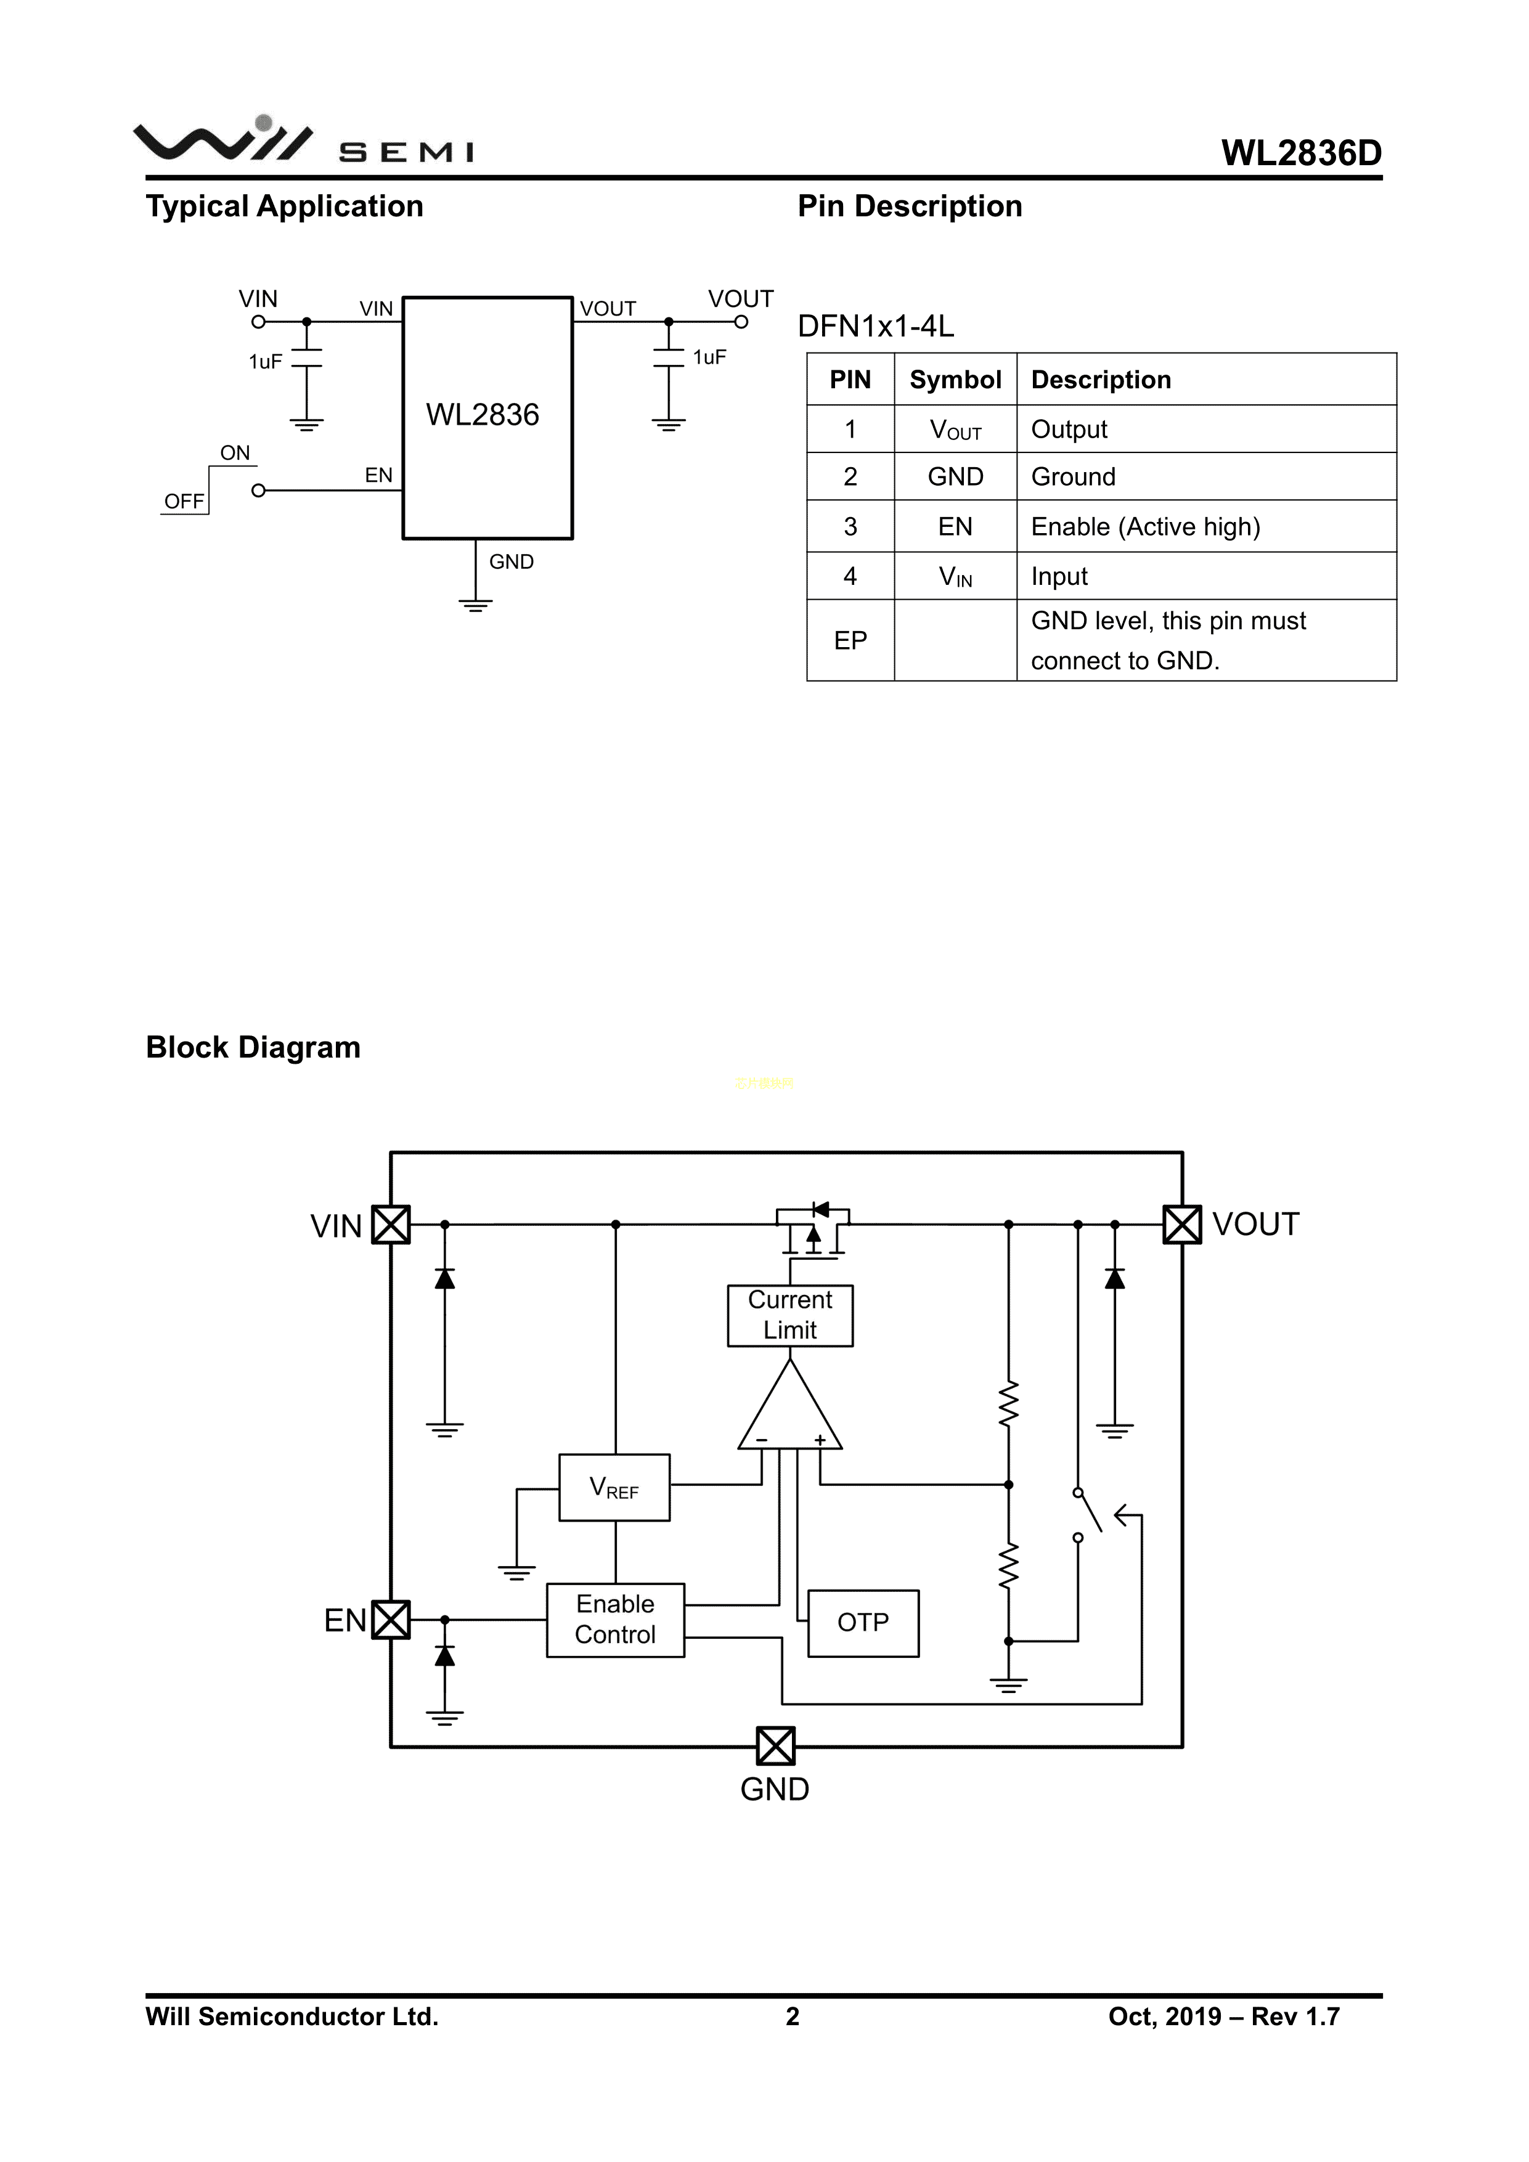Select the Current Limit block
click(x=790, y=1315)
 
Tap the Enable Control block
click(x=615, y=1620)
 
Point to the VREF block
click(x=614, y=1488)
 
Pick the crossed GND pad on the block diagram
click(x=776, y=1746)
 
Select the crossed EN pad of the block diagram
click(x=391, y=1620)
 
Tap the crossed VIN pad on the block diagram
click(x=391, y=1224)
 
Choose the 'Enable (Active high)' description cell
click(x=1145, y=526)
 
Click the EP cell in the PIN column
click(x=850, y=640)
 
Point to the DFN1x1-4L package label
click(x=876, y=326)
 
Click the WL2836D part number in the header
click(x=1301, y=153)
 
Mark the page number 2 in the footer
click(x=793, y=2016)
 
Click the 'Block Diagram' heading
click(x=253, y=1047)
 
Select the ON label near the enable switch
click(x=235, y=453)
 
